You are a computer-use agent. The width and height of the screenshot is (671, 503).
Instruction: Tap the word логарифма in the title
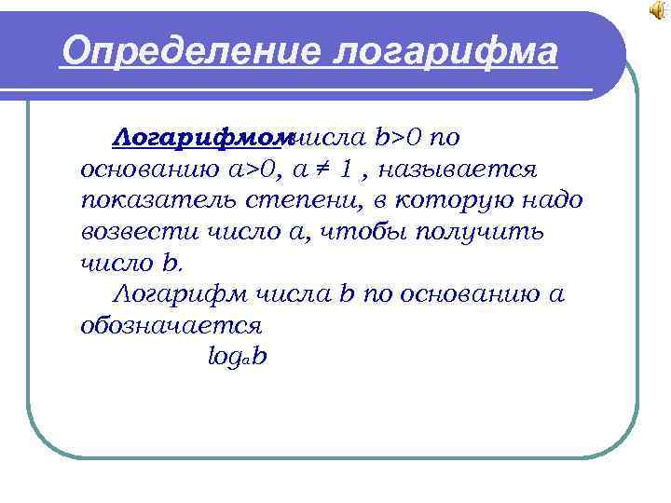click(445, 53)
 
